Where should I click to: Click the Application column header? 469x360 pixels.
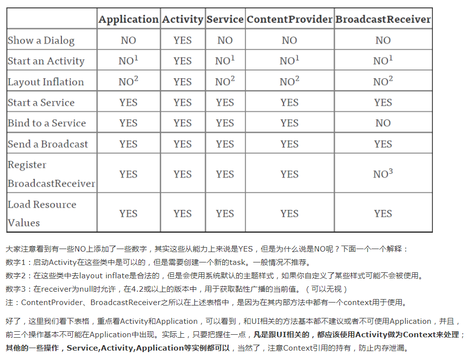[x=128, y=19]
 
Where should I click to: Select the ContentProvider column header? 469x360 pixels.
[x=289, y=19]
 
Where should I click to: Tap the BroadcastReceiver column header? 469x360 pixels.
[x=383, y=19]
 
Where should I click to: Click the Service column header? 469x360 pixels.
[x=225, y=19]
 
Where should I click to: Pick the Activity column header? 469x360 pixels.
[x=183, y=19]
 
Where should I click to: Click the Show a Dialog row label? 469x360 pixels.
[x=41, y=41]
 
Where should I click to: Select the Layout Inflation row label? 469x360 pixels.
[x=46, y=82]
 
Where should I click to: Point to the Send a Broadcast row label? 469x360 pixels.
[x=47, y=144]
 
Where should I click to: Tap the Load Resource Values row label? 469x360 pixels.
[x=42, y=213]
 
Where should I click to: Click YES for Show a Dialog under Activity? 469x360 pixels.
[x=183, y=41]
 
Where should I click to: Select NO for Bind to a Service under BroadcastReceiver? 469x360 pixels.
[x=383, y=123]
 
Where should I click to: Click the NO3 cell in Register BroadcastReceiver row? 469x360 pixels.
[x=383, y=174]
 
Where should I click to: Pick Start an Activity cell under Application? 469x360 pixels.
[x=128, y=61]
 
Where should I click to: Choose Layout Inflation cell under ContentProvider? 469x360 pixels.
[x=289, y=82]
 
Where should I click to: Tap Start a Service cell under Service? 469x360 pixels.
[x=225, y=103]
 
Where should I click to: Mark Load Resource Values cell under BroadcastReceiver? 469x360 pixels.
[x=383, y=213]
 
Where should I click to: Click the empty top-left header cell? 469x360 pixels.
[x=51, y=19]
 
